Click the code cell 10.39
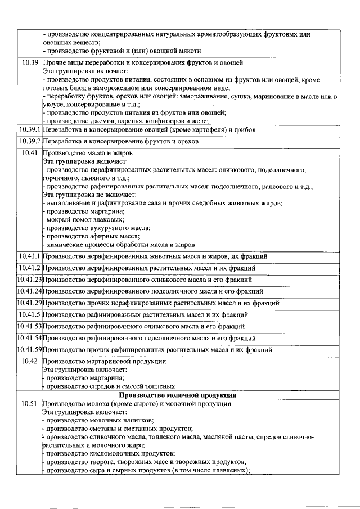coord(29,62)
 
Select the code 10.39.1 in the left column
coord(29,130)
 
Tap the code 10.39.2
coord(29,142)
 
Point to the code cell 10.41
coord(29,152)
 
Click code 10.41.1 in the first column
coord(29,256)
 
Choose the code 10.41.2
coord(29,268)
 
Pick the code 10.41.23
coord(29,280)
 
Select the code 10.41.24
coord(29,291)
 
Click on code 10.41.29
coord(29,303)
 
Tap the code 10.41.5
coord(29,314)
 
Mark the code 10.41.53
coord(29,326)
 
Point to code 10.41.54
coord(29,338)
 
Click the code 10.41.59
coord(29,350)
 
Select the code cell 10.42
coord(29,361)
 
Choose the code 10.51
coord(29,404)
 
